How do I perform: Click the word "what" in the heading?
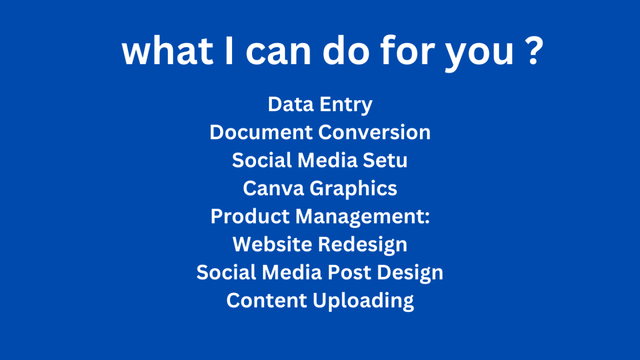(x=168, y=51)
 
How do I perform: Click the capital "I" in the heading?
(x=229, y=51)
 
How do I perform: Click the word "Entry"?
(x=346, y=105)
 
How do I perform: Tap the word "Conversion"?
(x=374, y=132)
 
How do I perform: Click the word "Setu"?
(x=385, y=160)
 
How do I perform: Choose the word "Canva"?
(x=273, y=188)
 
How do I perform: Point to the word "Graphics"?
(x=353, y=189)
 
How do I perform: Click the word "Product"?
(x=250, y=216)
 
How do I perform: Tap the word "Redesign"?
(x=363, y=245)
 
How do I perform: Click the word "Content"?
(x=267, y=300)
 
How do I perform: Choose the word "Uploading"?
(x=363, y=301)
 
